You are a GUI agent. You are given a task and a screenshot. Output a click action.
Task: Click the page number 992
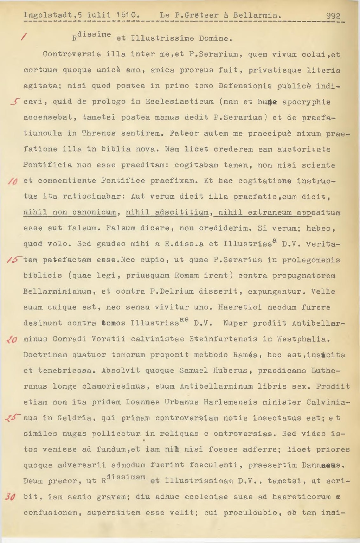coord(333,16)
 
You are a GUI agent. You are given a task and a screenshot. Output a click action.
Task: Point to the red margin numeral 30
coord(10,497)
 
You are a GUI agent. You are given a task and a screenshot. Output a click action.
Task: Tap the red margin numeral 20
coord(11,340)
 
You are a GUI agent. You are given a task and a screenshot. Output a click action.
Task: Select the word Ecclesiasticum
coord(180,102)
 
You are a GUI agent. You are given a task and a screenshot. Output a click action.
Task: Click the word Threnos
coord(99,133)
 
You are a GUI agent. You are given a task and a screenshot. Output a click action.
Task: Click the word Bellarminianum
coord(57,292)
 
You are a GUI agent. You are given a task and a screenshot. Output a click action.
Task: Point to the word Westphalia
coord(306,339)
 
